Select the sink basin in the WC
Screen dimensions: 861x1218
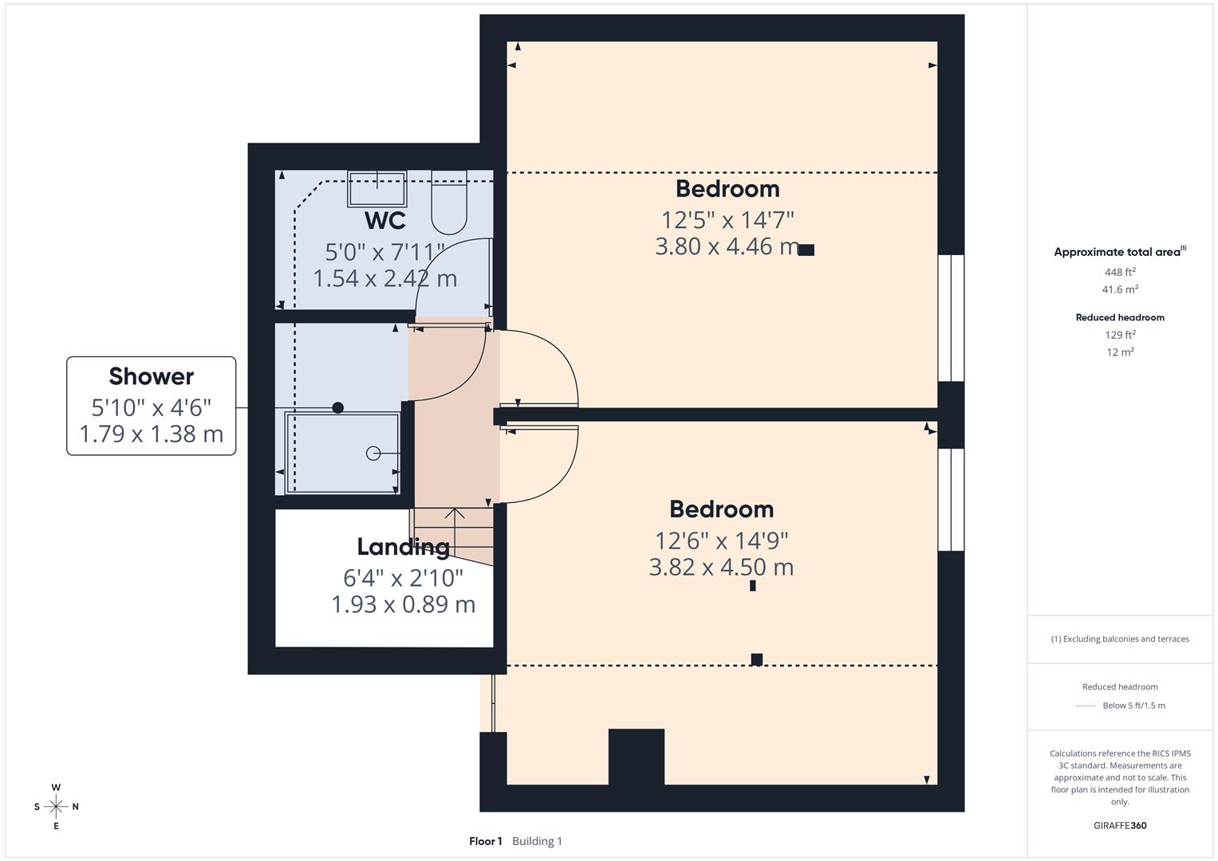[377, 189]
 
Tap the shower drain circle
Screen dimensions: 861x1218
[372, 454]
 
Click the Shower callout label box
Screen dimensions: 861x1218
[151, 406]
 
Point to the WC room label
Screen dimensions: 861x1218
[385, 220]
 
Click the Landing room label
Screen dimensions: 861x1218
[403, 547]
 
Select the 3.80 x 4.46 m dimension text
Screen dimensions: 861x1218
[727, 246]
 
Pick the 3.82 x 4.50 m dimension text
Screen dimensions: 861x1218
[721, 568]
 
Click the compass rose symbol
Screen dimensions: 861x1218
[56, 807]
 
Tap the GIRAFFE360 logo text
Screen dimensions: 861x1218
[1120, 825]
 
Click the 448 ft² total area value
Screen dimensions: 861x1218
[1120, 272]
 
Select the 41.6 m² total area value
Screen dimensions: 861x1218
[1120, 289]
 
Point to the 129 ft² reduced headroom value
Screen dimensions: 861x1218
[1120, 335]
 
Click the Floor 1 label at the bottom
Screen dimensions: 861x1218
[486, 841]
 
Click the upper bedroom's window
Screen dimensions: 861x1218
[951, 318]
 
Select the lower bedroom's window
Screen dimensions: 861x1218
[951, 500]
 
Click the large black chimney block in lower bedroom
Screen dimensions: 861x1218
[637, 757]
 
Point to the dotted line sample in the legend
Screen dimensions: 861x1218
[1086, 706]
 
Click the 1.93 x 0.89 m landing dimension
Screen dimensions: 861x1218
[403, 604]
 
